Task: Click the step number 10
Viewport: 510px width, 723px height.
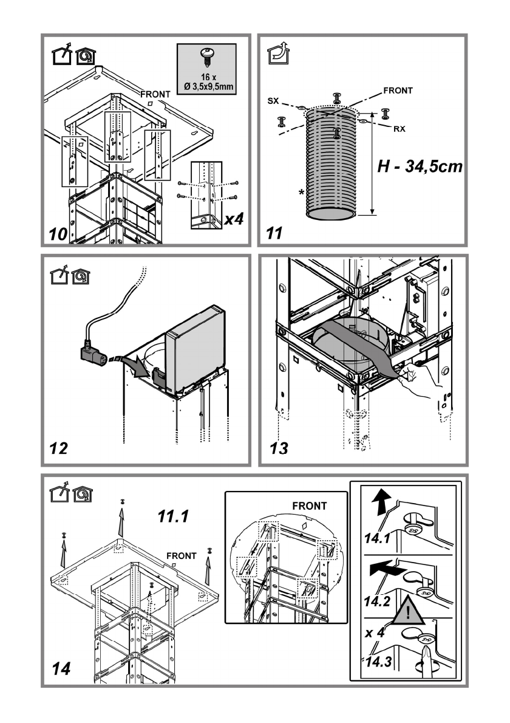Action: [x=58, y=234]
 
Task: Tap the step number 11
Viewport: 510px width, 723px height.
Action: [x=274, y=233]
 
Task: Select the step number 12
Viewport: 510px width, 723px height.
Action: [x=58, y=448]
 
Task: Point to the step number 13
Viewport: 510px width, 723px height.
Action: [x=279, y=448]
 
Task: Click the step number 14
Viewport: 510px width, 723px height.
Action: [x=61, y=668]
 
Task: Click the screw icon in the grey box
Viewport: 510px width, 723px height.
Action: [x=206, y=58]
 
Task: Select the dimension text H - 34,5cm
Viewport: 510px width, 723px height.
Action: [x=420, y=166]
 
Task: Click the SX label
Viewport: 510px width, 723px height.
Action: [x=273, y=100]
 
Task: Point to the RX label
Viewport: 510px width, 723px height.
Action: [x=399, y=129]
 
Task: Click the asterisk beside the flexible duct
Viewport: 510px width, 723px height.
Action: [x=301, y=192]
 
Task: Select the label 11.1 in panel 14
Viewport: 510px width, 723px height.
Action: [x=173, y=516]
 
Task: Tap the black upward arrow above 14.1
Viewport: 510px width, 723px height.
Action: [x=381, y=502]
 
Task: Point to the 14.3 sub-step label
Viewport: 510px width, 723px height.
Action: [x=378, y=662]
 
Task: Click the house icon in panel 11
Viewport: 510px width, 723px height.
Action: [x=278, y=53]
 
